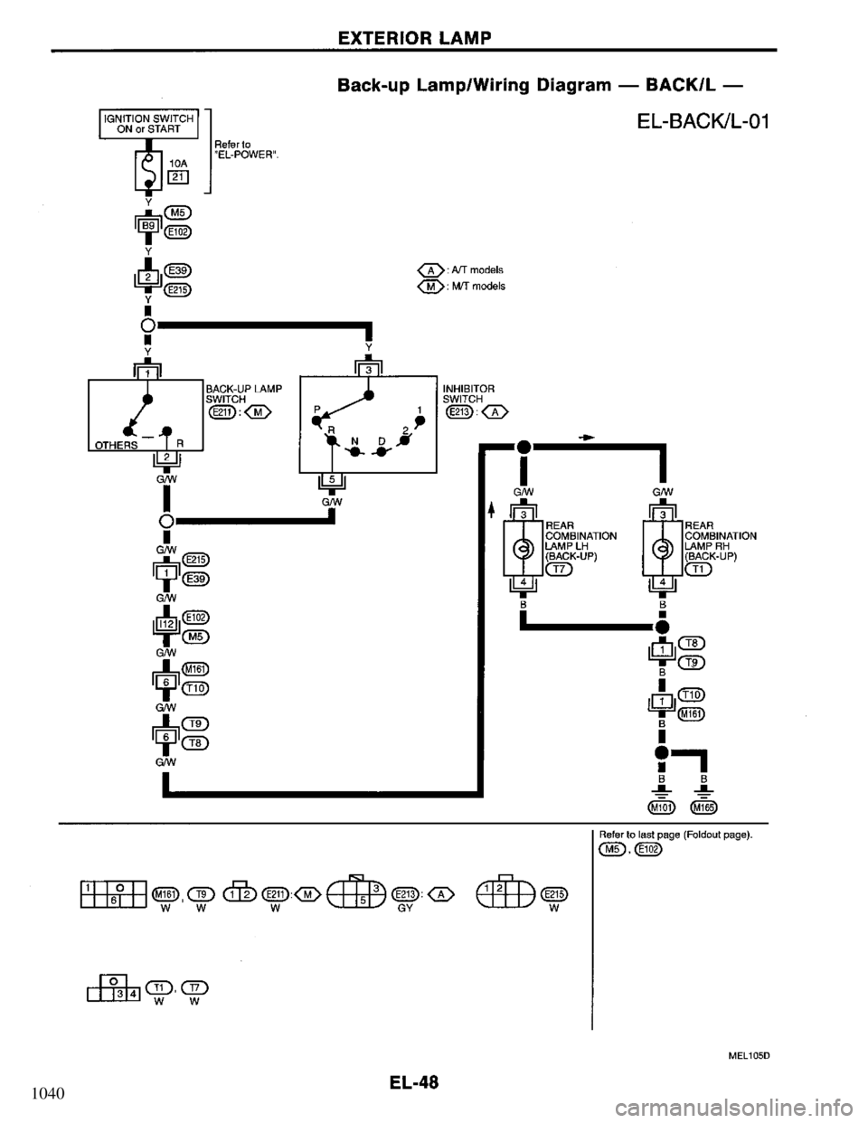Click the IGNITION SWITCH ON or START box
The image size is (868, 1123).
[146, 120]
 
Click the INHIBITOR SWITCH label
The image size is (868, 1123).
[467, 392]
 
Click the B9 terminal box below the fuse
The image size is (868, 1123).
[148, 222]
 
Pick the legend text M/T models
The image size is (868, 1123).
[481, 286]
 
